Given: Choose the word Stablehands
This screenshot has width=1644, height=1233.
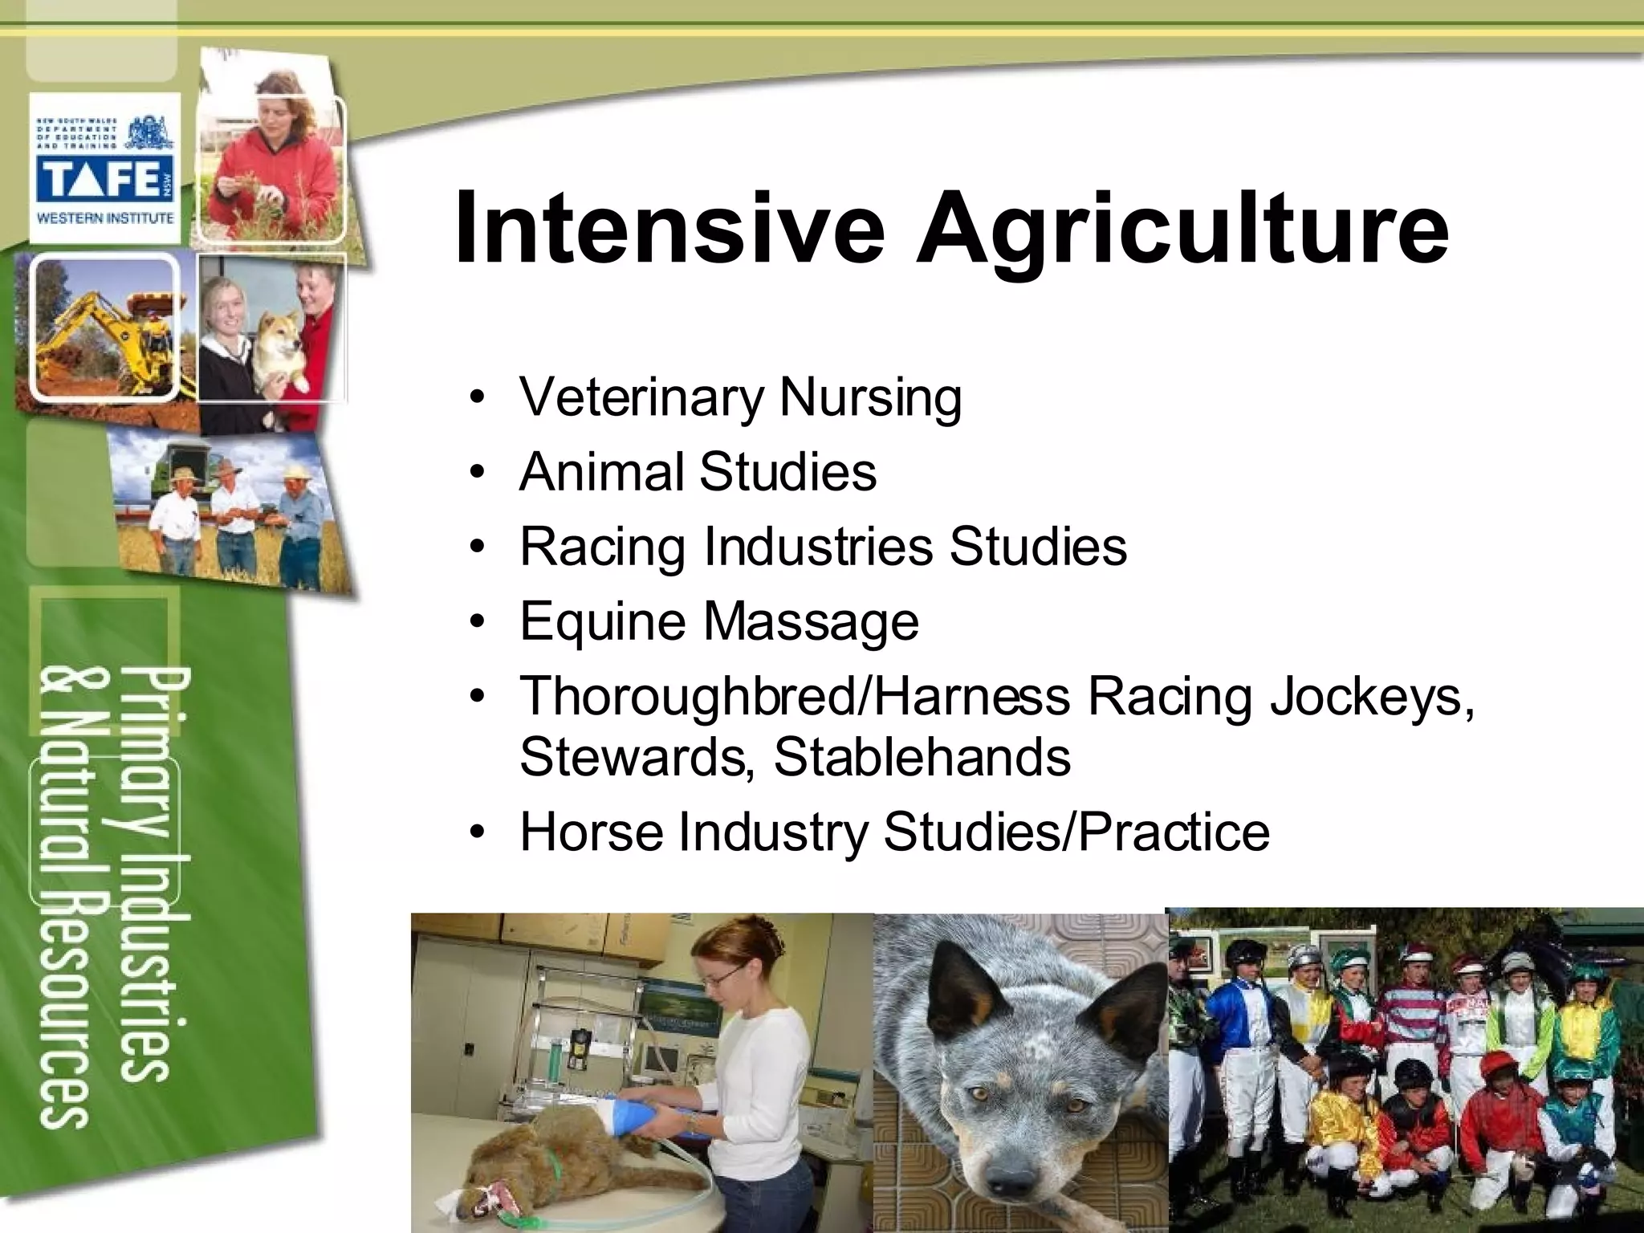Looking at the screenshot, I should tap(922, 757).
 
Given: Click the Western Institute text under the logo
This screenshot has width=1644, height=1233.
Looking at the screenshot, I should tap(105, 218).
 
